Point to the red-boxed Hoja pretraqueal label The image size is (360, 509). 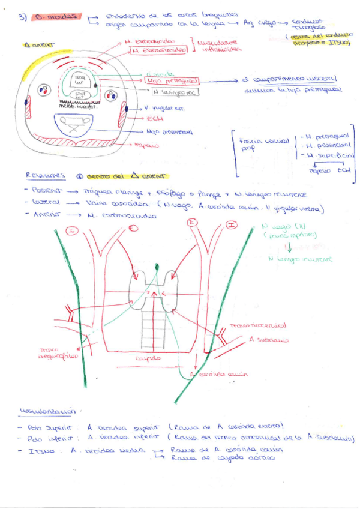pyautogui.click(x=174, y=81)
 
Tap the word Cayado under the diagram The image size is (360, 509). pyautogui.click(x=148, y=358)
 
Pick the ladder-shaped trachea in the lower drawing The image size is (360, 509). pyautogui.click(x=155, y=330)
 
